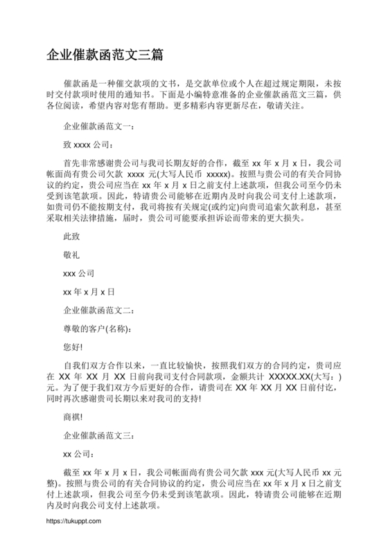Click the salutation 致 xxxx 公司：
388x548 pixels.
pyautogui.click(x=87, y=145)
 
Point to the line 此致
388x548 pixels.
pyautogui.click(x=71, y=236)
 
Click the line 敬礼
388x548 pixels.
pyautogui.click(x=71, y=255)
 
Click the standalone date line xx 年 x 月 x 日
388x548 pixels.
pyautogui.click(x=89, y=291)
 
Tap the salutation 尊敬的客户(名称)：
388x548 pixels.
pyautogui.click(x=96, y=327)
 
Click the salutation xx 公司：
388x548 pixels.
pyautogui.click(x=78, y=454)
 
